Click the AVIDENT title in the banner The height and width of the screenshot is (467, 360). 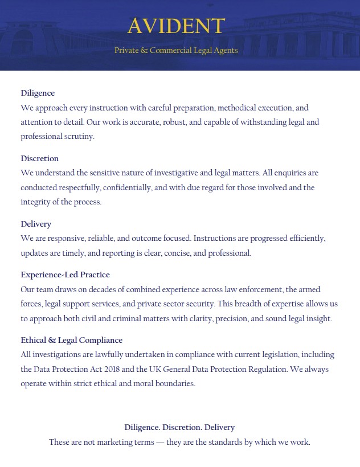click(176, 26)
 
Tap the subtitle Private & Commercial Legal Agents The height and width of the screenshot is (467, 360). click(176, 51)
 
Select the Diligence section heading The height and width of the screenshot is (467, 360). click(38, 93)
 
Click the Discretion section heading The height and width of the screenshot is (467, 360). click(40, 158)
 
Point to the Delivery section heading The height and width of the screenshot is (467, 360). click(36, 224)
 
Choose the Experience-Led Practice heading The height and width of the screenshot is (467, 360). click(65, 275)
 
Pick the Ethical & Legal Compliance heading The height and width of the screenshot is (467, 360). click(71, 340)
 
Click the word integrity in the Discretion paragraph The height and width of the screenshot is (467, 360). click(36, 202)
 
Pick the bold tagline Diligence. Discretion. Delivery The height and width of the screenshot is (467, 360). click(179, 427)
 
